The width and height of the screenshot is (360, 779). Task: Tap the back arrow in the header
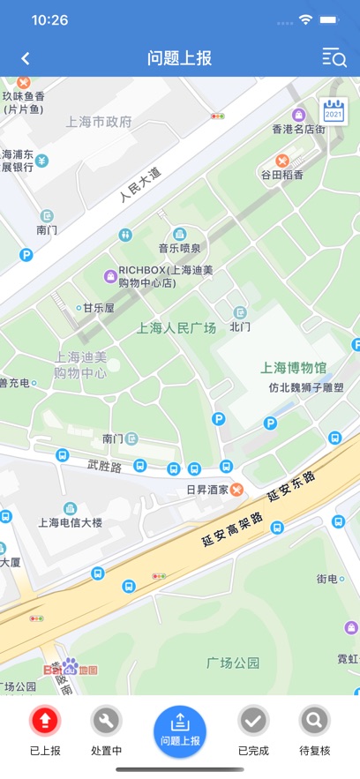click(26, 58)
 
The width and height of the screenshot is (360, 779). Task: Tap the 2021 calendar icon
click(333, 109)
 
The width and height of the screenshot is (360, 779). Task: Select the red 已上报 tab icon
click(45, 721)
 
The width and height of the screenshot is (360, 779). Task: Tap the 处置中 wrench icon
click(107, 721)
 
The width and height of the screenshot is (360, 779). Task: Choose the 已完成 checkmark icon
click(253, 721)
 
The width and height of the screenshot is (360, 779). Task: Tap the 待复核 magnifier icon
click(314, 721)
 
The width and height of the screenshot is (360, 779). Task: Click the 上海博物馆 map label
click(294, 367)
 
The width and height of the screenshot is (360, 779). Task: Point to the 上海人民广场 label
click(176, 327)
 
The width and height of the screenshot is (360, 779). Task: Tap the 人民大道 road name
click(141, 184)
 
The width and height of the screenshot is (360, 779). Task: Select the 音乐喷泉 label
click(179, 248)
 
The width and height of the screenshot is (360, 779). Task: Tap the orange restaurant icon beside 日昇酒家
click(236, 490)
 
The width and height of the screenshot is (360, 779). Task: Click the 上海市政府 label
click(98, 122)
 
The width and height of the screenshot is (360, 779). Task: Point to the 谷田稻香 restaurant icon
click(281, 160)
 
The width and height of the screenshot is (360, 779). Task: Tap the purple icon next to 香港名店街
click(299, 114)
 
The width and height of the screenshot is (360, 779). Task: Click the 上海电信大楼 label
click(70, 522)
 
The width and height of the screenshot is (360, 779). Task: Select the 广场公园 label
click(233, 662)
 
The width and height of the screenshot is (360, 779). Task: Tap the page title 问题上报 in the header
click(179, 58)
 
